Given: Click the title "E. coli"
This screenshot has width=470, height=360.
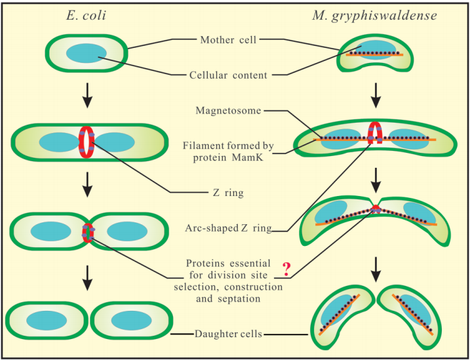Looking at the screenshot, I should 87,16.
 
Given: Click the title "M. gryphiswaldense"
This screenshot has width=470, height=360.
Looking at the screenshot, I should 374,16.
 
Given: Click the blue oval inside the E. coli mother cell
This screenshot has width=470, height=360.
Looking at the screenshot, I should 86,54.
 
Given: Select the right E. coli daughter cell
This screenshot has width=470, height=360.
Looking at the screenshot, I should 131,321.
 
